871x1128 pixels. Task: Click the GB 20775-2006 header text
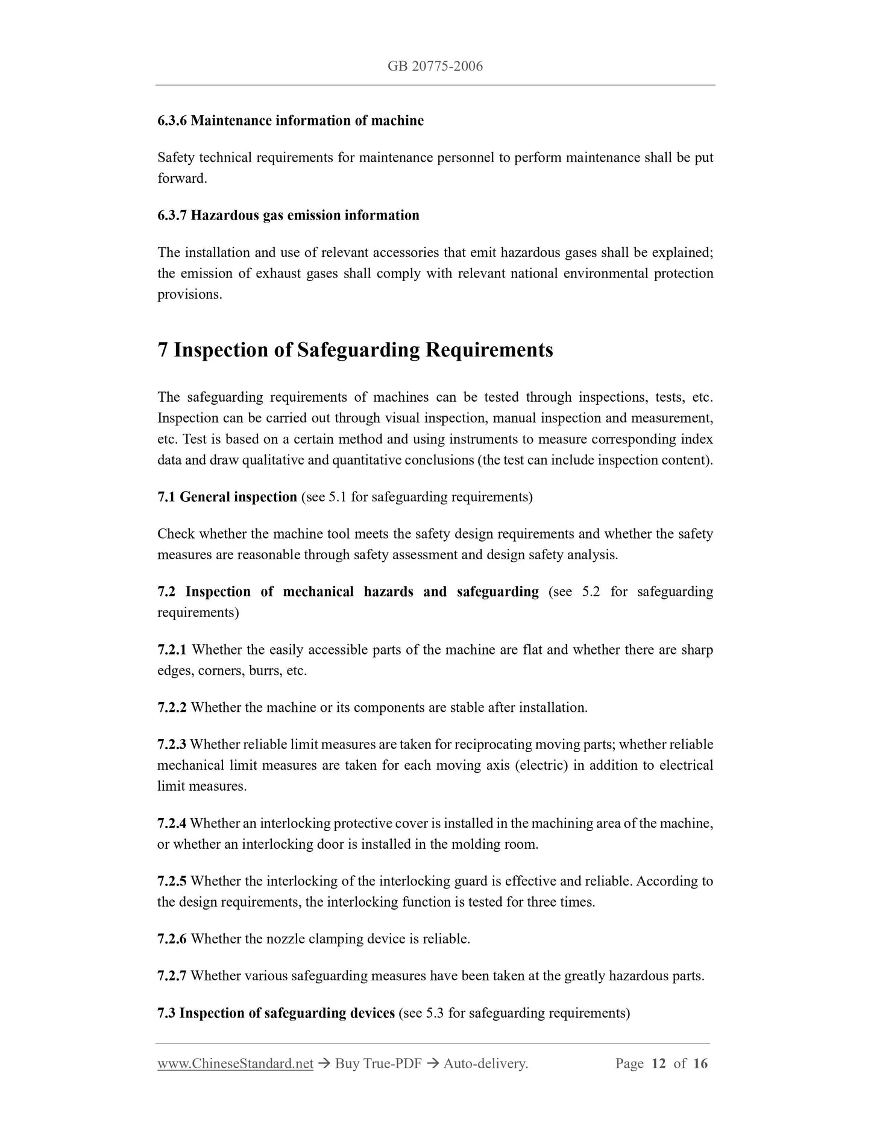(x=435, y=66)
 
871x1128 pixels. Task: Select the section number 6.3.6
(x=172, y=121)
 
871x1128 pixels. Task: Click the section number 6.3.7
(x=172, y=215)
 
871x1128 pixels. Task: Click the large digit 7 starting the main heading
(x=163, y=350)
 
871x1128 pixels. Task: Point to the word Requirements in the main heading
(x=489, y=350)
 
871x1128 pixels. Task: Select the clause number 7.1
(x=166, y=497)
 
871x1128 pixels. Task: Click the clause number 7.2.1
(x=172, y=650)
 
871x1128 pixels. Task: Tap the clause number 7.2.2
(x=172, y=708)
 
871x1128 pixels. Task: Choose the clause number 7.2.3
(x=172, y=744)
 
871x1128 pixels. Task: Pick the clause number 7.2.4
(x=172, y=823)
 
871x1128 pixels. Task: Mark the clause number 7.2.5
(x=172, y=881)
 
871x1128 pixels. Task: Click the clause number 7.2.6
(x=172, y=939)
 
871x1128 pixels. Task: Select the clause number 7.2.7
(x=172, y=976)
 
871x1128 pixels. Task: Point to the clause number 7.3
(x=166, y=1013)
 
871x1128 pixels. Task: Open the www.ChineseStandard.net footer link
(x=235, y=1063)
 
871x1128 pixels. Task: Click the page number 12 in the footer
(x=659, y=1063)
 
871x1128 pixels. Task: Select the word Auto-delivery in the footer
(x=485, y=1063)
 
